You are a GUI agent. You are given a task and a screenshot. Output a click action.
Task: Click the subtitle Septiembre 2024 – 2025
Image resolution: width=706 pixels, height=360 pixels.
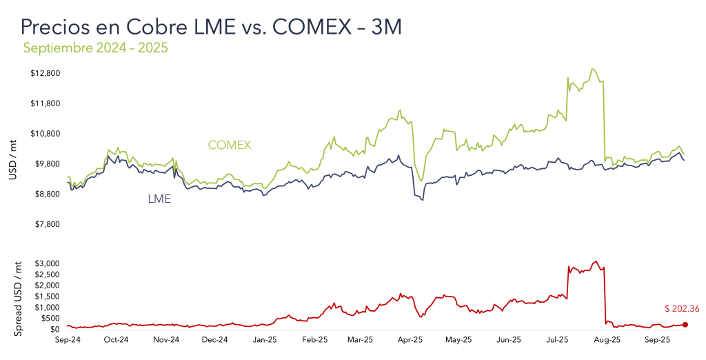click(x=96, y=48)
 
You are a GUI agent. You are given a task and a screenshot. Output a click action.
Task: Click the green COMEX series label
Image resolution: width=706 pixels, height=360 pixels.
click(x=229, y=145)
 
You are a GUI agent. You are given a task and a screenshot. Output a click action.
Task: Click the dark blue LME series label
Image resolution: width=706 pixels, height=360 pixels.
click(x=159, y=199)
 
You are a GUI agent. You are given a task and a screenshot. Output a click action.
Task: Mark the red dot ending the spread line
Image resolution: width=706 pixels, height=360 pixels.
click(x=685, y=325)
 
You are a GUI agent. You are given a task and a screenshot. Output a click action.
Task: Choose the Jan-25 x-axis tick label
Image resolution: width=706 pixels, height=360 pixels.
click(x=265, y=340)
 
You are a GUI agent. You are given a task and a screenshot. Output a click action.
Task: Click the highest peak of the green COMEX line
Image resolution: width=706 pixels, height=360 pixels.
click(x=592, y=69)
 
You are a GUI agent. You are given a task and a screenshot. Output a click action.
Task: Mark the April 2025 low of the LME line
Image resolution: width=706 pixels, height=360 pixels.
click(x=422, y=200)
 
